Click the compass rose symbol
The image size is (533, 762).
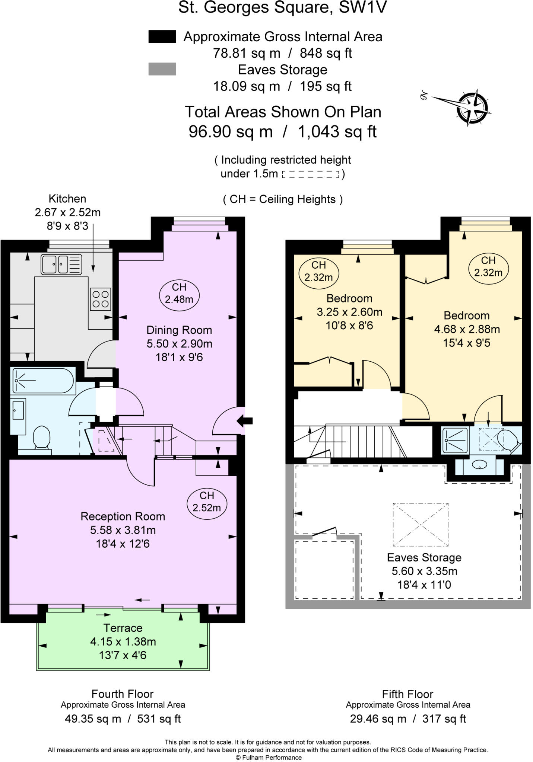(472, 108)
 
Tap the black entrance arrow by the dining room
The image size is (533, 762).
(245, 421)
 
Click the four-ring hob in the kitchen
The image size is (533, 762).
(101, 300)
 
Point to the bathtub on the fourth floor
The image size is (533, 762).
(43, 381)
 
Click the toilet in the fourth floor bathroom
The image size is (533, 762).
(42, 437)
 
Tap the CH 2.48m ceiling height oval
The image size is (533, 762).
(179, 293)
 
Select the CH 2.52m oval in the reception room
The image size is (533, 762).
(207, 502)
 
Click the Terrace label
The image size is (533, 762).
(123, 628)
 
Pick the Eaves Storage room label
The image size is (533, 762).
(424, 557)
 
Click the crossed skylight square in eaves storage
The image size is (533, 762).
(421, 525)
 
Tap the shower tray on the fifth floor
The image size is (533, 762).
(455, 441)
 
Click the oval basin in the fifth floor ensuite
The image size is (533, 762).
(479, 465)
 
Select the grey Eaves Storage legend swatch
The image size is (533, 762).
(162, 69)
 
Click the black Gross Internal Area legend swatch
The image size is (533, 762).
(162, 37)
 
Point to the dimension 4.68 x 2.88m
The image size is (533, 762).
(467, 329)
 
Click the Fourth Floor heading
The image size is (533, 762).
(123, 694)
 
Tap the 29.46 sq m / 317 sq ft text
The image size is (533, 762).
(408, 719)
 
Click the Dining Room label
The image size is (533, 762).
(179, 330)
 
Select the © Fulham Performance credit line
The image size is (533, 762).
(268, 758)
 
